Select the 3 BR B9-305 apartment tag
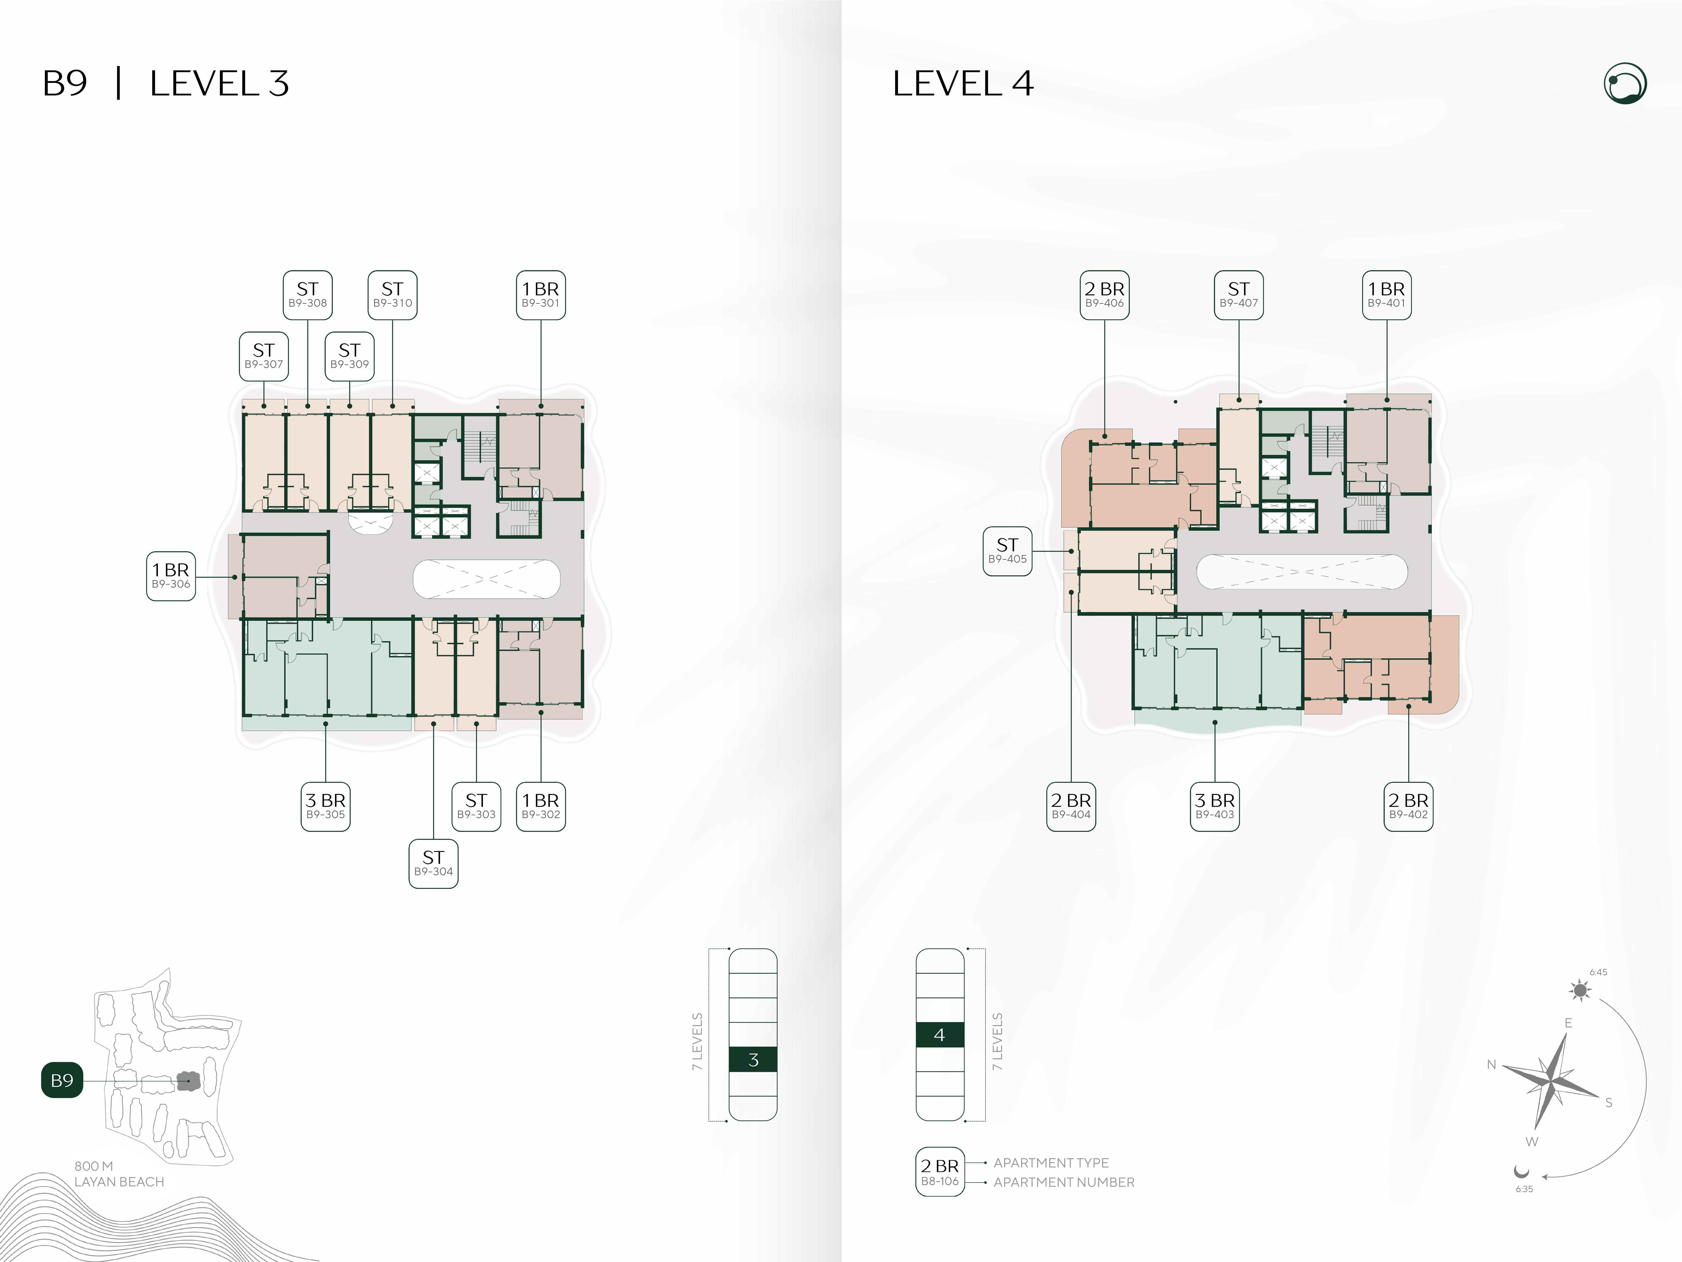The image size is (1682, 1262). pos(326,806)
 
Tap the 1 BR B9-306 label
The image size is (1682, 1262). pos(171,576)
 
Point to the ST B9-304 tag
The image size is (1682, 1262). pos(433,863)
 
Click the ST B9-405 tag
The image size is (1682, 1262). pos(1008,551)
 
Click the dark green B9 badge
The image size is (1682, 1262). pos(62,1080)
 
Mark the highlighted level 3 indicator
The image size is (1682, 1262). pos(753,1060)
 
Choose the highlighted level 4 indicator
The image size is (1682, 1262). pos(940,1035)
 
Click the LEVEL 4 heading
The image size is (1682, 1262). pos(963,84)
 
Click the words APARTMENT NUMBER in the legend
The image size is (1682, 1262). pos(1064,1182)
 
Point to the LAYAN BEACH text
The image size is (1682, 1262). pos(119,1181)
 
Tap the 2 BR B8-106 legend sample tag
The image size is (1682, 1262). pos(940,1171)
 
